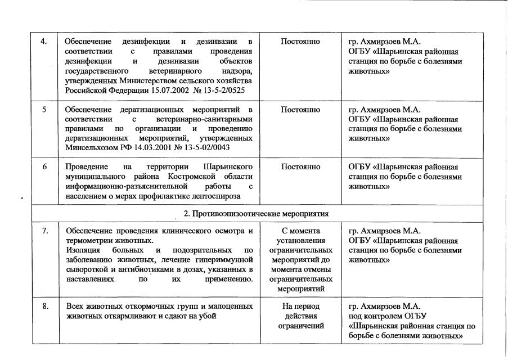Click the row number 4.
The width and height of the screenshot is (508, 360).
[44, 42]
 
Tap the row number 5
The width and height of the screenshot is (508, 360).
[44, 109]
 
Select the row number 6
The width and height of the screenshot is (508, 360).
[44, 167]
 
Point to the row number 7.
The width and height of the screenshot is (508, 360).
[44, 231]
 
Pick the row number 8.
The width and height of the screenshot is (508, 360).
[44, 306]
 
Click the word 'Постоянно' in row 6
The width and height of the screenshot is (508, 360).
[300, 167]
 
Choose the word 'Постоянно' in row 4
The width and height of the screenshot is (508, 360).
[300, 42]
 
